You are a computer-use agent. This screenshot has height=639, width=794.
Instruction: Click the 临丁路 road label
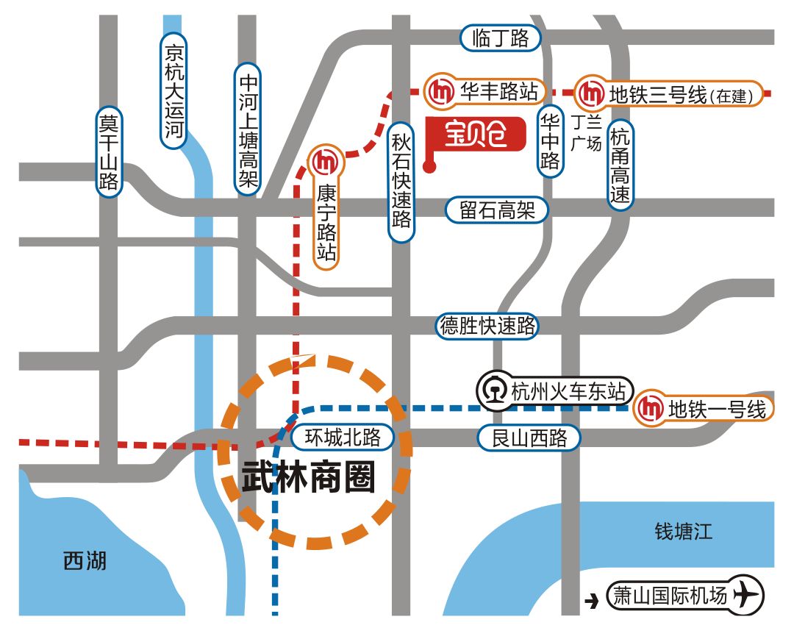pyautogui.click(x=500, y=38)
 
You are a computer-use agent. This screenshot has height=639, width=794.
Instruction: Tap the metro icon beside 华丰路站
pyautogui.click(x=443, y=92)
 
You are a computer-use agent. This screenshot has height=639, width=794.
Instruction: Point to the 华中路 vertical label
pyautogui.click(x=550, y=140)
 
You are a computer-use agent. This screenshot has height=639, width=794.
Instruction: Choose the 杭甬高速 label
pyautogui.click(x=620, y=166)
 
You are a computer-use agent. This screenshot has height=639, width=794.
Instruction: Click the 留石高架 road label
pyautogui.click(x=498, y=211)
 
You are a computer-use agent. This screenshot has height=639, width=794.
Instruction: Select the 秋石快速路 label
pyautogui.click(x=401, y=180)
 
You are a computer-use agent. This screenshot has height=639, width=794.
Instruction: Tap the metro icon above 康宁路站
pyautogui.click(x=324, y=161)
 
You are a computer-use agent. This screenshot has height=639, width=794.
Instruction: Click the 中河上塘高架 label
pyautogui.click(x=248, y=129)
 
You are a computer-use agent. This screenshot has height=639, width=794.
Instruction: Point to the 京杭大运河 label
pyautogui.click(x=174, y=90)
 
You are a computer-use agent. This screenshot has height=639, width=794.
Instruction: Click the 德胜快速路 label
pyautogui.click(x=487, y=325)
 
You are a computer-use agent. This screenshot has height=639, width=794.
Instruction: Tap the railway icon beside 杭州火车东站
pyautogui.click(x=493, y=390)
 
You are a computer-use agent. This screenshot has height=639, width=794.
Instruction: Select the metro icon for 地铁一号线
pyautogui.click(x=649, y=408)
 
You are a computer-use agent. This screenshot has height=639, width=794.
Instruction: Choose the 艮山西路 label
pyautogui.click(x=529, y=439)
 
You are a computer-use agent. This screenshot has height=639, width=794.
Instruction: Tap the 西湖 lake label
pyautogui.click(x=85, y=563)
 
